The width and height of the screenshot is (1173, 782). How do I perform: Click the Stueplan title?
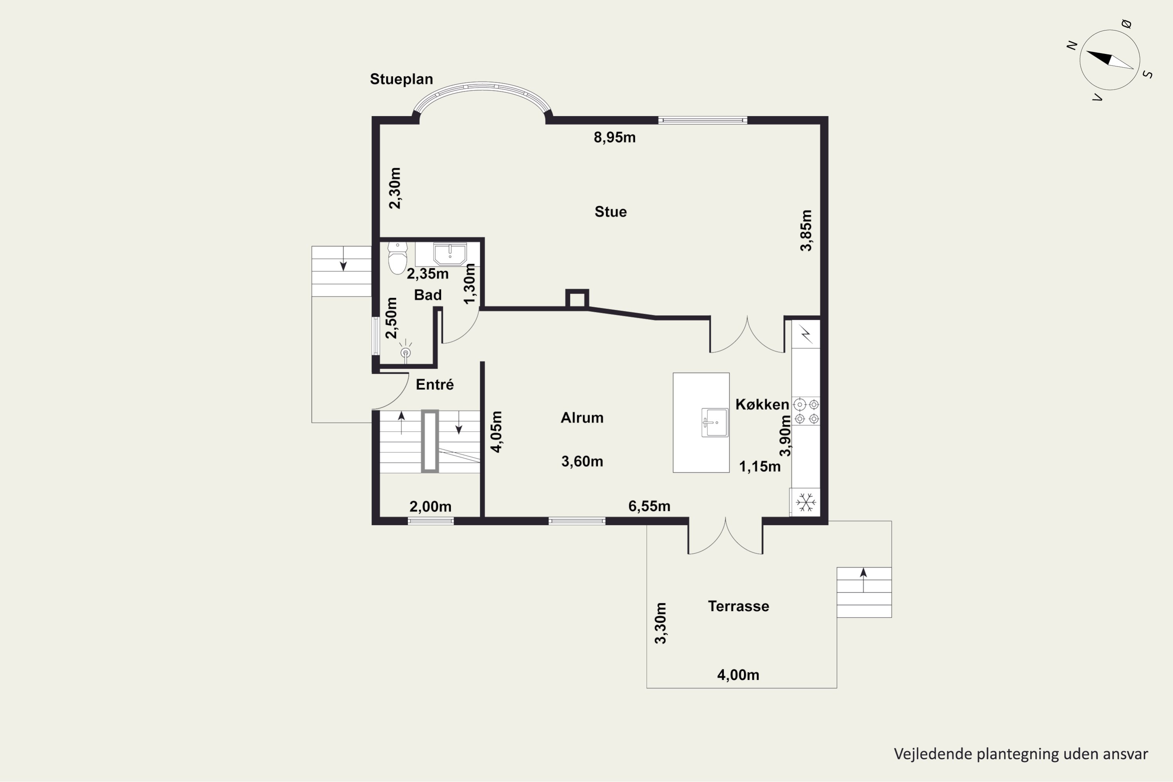click(x=401, y=79)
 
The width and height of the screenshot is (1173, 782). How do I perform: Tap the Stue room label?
click(x=610, y=212)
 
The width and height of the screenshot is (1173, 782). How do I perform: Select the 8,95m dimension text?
click(x=614, y=138)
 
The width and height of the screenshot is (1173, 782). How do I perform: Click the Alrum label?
click(x=582, y=418)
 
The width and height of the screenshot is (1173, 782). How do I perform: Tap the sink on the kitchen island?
click(x=715, y=422)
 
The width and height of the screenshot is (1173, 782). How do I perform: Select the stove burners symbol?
click(x=806, y=411)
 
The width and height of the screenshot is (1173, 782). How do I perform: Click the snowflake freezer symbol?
click(x=805, y=502)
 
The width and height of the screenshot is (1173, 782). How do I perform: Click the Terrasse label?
click(x=739, y=606)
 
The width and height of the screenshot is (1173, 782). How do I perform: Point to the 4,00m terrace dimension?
click(x=738, y=675)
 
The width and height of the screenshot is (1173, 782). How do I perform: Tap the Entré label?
click(x=435, y=384)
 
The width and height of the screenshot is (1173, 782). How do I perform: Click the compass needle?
click(x=1110, y=60)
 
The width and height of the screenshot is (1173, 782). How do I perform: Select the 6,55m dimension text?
click(x=649, y=507)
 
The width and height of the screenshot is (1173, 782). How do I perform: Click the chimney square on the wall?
click(x=577, y=299)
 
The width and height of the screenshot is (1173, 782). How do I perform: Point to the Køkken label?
click(x=762, y=404)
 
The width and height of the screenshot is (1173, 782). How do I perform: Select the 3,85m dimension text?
click(x=806, y=230)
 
